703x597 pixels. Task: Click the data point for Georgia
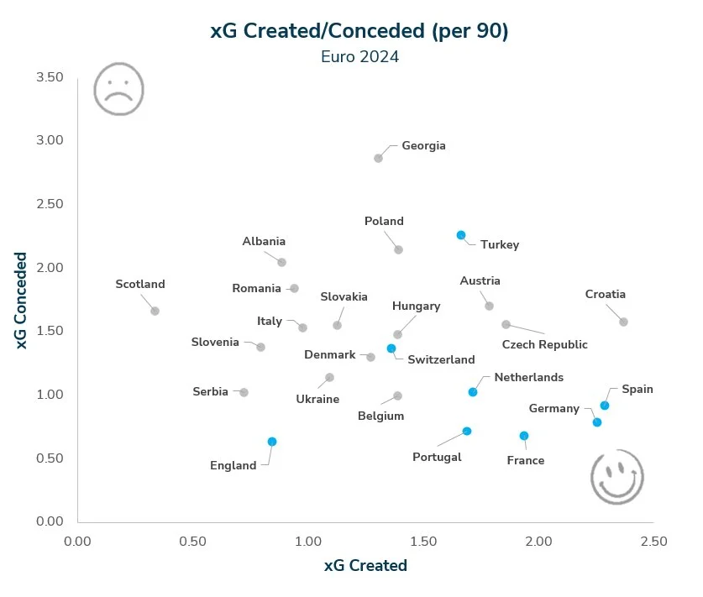(x=378, y=158)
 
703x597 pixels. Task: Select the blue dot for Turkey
(x=461, y=236)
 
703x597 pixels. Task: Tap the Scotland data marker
(x=155, y=311)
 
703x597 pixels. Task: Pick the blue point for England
(x=272, y=442)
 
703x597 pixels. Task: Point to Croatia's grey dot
(x=623, y=322)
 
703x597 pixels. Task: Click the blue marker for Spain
(x=605, y=406)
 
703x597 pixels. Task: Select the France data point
(x=524, y=436)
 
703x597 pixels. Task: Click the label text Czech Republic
(x=544, y=344)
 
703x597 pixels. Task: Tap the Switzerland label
(x=441, y=359)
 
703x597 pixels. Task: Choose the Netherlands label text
(x=528, y=378)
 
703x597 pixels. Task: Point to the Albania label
(x=264, y=242)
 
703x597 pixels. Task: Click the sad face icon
(x=118, y=89)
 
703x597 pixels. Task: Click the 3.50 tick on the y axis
(x=50, y=77)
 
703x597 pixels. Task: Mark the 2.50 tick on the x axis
(x=653, y=542)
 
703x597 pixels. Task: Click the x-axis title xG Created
(x=365, y=566)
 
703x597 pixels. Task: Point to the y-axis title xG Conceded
(x=22, y=300)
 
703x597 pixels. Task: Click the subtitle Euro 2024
(x=359, y=58)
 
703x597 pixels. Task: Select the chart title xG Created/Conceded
(x=359, y=31)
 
